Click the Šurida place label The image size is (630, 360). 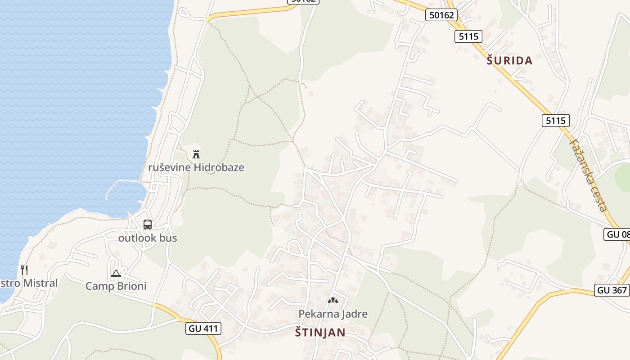pos(509,60)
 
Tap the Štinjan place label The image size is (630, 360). pos(320,333)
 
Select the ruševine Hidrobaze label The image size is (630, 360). pos(196,167)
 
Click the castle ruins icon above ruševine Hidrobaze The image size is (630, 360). pos(196,154)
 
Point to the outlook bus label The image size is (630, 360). pos(148,238)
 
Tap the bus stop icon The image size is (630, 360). pos(148,224)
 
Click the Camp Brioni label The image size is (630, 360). pos(116,286)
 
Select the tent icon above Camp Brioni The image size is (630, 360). pos(116,273)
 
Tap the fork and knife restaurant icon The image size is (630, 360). pos(24,270)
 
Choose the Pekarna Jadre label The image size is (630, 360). pos(333,314)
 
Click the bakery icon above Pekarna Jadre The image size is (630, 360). pos(333,300)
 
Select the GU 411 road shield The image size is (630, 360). pos(203,328)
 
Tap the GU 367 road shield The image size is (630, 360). pos(612,290)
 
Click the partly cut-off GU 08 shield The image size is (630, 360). pos(617,234)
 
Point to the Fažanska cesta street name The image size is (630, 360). pos(589,175)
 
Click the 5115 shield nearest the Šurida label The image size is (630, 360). pos(468,36)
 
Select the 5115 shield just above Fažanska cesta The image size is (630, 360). pos(556,120)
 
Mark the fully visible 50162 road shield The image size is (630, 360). pos(441,15)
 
